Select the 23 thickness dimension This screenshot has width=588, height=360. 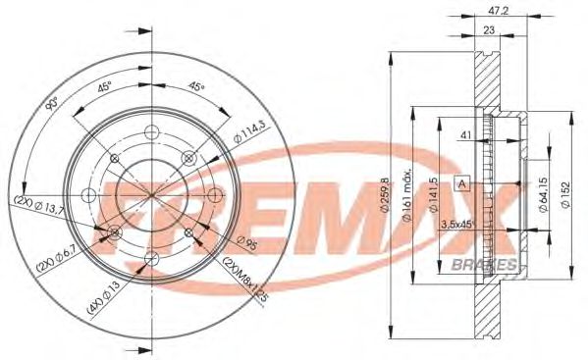(488, 32)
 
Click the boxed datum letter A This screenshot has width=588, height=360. (459, 182)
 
